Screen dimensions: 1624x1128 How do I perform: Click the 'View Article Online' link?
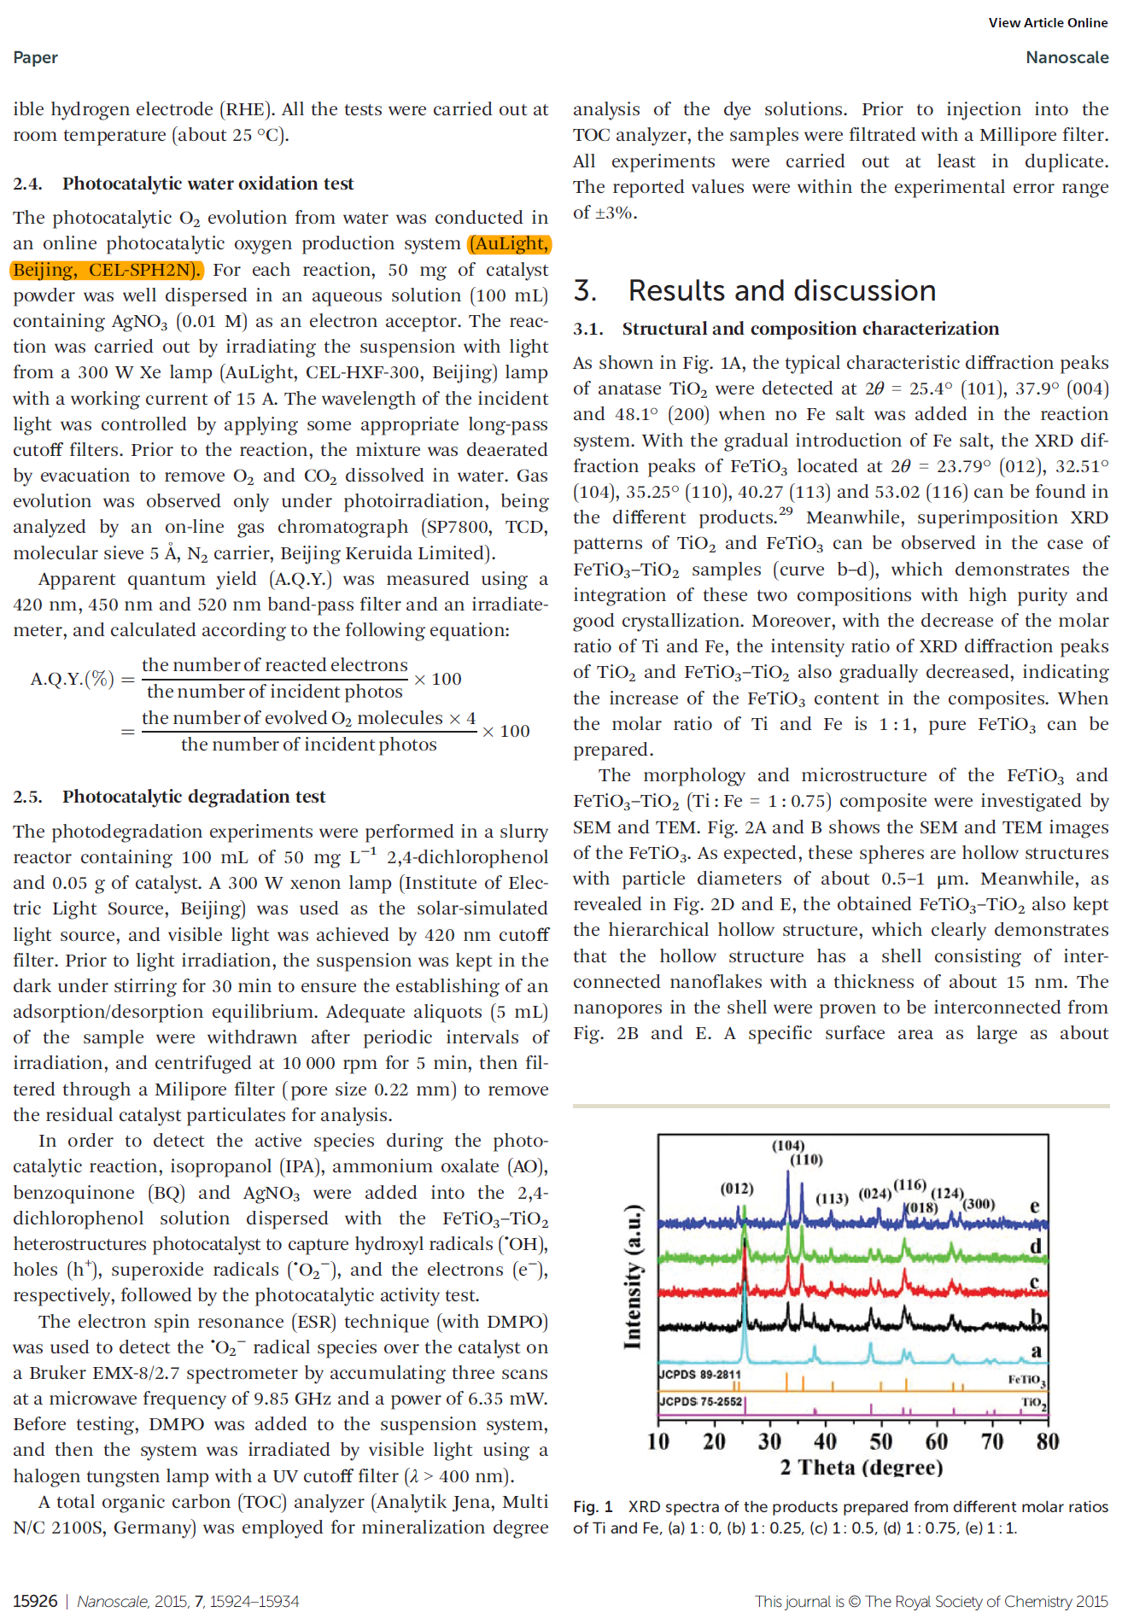pos(1048,23)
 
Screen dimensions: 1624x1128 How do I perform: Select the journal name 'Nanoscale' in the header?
pos(1067,57)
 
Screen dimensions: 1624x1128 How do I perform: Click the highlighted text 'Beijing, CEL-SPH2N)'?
pos(107,270)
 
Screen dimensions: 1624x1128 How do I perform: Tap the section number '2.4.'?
pos(27,184)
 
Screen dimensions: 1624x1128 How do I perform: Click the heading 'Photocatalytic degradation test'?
pos(194,797)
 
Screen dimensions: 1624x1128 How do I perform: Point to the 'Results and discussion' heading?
pos(781,290)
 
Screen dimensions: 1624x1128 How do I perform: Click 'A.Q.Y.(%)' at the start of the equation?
pos(72,679)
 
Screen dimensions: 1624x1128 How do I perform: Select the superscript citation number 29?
pos(786,511)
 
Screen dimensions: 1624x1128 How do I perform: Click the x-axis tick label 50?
pos(881,1442)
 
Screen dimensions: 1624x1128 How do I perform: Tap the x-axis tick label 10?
pos(658,1442)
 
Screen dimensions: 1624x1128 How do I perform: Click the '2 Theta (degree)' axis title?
pos(861,1468)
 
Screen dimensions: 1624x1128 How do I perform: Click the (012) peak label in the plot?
pos(737,1189)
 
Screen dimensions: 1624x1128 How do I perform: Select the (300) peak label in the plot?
pos(979,1204)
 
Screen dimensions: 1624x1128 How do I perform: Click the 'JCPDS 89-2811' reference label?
pos(700,1375)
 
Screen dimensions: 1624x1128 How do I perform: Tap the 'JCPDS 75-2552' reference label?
pos(700,1401)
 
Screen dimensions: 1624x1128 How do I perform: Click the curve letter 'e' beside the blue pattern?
pos(1034,1206)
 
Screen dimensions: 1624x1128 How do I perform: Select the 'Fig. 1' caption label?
pos(593,1507)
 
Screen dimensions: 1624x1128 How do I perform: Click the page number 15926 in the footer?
pos(35,1601)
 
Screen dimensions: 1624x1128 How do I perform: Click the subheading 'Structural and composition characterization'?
pos(810,329)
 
